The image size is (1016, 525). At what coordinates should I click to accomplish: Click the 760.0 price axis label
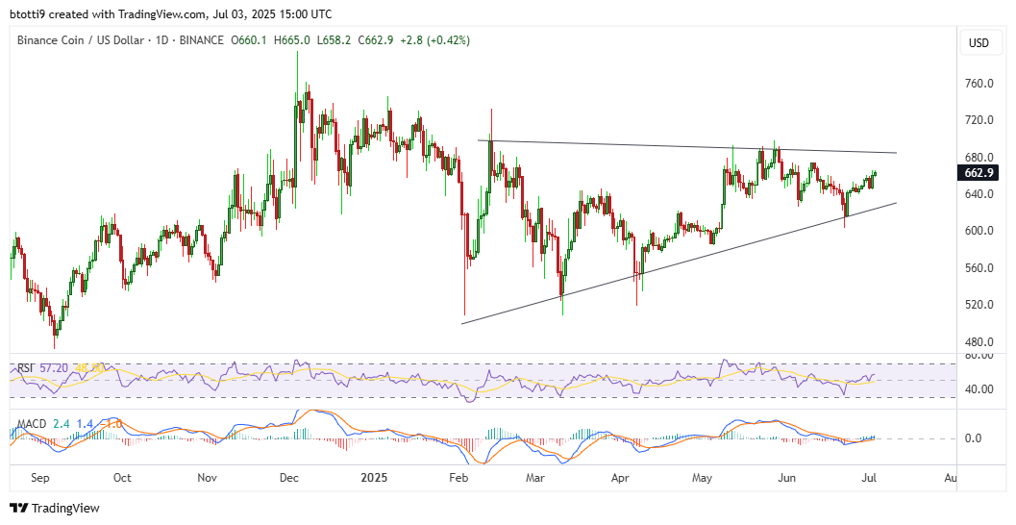click(x=979, y=84)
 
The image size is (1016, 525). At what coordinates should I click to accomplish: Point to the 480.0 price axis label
click(x=979, y=341)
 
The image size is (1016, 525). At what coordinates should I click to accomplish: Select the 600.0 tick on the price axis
click(x=979, y=231)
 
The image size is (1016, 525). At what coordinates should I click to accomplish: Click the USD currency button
click(x=979, y=42)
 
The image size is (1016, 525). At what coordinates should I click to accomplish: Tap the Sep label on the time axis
click(x=39, y=478)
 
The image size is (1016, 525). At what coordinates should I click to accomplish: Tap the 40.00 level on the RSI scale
click(x=979, y=389)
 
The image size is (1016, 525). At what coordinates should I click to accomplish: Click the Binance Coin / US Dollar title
click(x=82, y=40)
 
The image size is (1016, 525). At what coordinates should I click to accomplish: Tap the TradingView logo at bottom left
click(x=55, y=508)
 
